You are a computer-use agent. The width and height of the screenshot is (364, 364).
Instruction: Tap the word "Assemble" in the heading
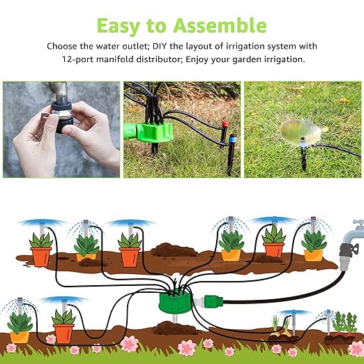pos(222,26)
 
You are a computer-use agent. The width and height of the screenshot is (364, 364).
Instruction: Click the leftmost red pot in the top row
pos(41,256)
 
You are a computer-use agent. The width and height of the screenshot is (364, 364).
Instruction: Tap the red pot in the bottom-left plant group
pos(63,333)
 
